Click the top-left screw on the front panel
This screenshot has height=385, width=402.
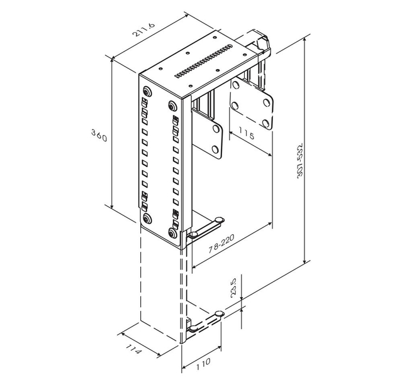click(147, 90)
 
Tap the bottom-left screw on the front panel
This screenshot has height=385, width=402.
click(147, 219)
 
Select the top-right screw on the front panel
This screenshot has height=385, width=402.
click(173, 106)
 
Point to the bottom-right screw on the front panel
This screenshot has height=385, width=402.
click(173, 234)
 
